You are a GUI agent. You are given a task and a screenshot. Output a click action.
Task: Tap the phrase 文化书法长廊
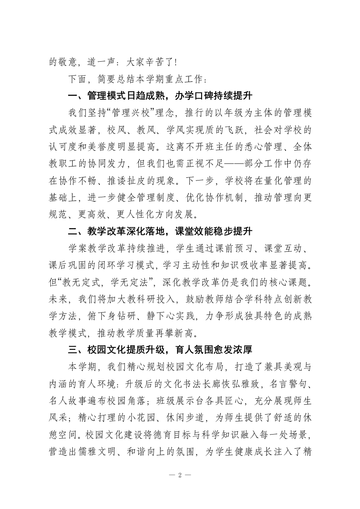coord(197,387)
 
